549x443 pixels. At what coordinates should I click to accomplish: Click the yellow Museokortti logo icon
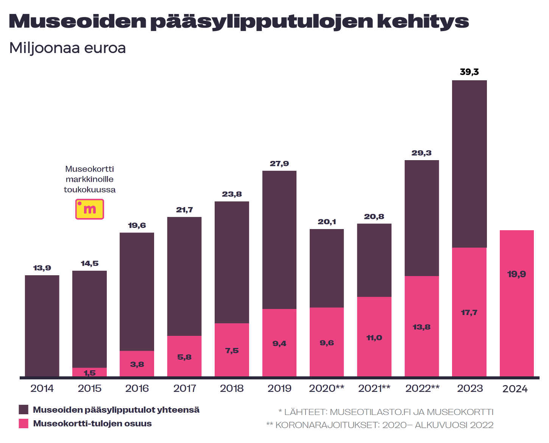(89, 209)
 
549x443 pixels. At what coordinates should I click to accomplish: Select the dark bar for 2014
(42, 326)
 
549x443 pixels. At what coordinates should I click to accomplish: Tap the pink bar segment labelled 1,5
(89, 372)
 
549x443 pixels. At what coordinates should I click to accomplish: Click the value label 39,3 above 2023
(469, 72)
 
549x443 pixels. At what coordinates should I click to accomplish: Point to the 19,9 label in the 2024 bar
(516, 274)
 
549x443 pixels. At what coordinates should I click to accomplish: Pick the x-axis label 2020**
(326, 388)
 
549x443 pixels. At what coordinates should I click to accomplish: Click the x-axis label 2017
(184, 388)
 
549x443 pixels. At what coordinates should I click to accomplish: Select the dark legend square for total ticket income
(23, 410)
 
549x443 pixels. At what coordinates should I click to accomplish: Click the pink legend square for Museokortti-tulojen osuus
(23, 423)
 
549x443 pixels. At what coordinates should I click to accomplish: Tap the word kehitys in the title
(423, 21)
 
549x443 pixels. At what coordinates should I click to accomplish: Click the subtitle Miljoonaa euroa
(67, 48)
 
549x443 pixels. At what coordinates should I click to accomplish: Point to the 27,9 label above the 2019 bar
(279, 164)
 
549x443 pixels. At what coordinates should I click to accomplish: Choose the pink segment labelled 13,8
(421, 326)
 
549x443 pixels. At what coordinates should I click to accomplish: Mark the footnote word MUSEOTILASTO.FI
(370, 412)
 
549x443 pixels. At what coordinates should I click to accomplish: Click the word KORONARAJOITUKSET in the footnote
(326, 425)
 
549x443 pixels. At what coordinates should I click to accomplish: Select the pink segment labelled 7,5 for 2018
(232, 350)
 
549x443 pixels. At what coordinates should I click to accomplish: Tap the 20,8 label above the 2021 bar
(374, 217)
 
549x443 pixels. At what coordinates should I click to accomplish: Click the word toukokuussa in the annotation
(89, 190)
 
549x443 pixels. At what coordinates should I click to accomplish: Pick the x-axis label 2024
(515, 389)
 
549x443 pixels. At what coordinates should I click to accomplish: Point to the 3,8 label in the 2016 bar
(137, 364)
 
